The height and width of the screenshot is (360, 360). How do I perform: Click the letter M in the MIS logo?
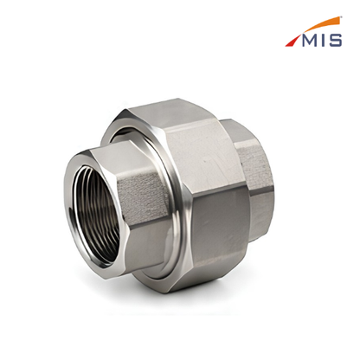tap(310, 40)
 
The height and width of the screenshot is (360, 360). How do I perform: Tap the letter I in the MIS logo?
tap(325, 40)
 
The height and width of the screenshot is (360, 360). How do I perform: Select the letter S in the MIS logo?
tap(336, 40)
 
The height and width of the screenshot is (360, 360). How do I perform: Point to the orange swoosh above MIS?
tap(319, 24)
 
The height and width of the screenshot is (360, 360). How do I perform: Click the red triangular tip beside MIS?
tap(292, 41)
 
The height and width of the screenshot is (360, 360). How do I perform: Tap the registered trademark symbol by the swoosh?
tap(341, 17)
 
